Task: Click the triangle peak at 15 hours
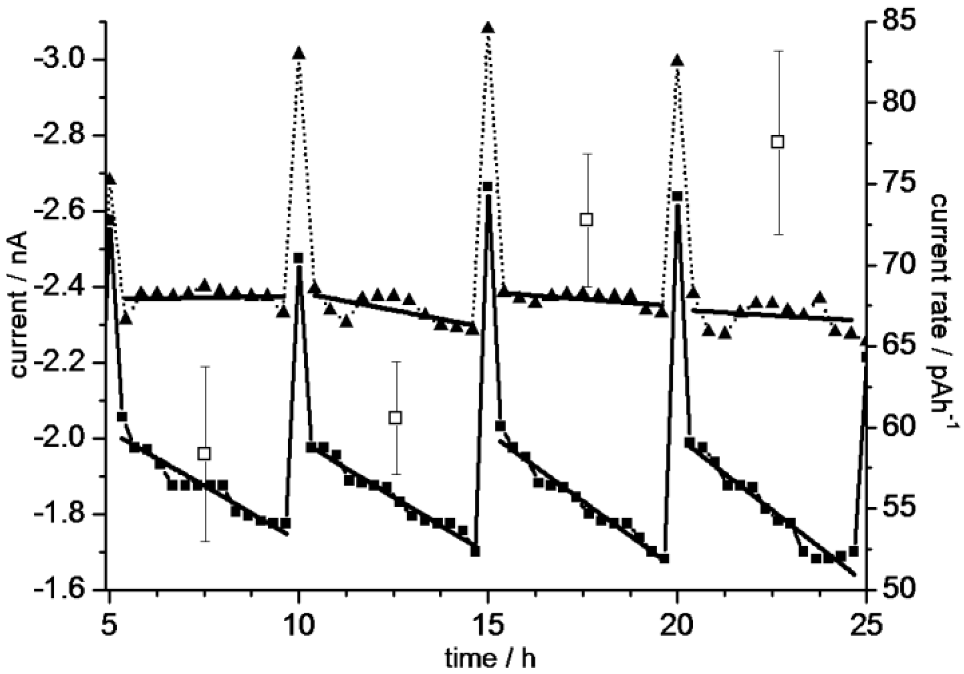pyautogui.click(x=488, y=28)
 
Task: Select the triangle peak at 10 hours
pyautogui.click(x=299, y=53)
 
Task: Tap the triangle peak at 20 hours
pyautogui.click(x=677, y=61)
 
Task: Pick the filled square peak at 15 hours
pyautogui.click(x=488, y=186)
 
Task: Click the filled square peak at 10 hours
pyautogui.click(x=298, y=258)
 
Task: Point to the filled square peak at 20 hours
pyautogui.click(x=677, y=197)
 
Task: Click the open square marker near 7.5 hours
pyautogui.click(x=204, y=454)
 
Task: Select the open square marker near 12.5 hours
pyautogui.click(x=395, y=418)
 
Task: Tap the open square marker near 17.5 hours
pyautogui.click(x=587, y=219)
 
